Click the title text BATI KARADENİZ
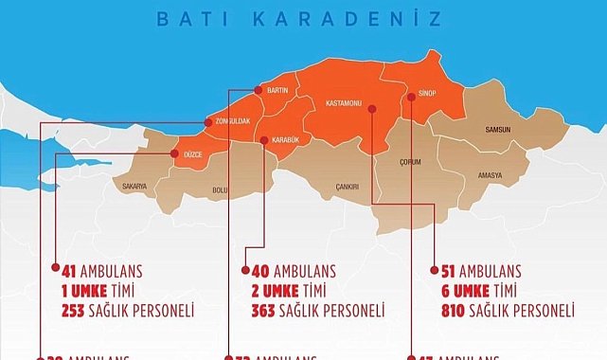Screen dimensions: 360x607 tap(303, 18)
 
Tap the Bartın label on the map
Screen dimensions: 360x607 tap(277, 90)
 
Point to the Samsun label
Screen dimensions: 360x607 tap(497, 129)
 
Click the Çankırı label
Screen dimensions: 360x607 tap(346, 187)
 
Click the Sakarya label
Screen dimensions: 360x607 tap(134, 187)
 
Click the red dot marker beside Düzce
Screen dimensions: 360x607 tap(172, 153)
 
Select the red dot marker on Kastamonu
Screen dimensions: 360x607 tap(371, 109)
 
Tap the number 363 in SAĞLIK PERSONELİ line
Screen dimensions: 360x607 tap(264, 310)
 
